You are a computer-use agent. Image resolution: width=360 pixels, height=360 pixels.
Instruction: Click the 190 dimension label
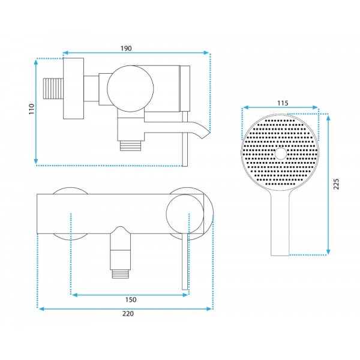[x=126, y=49]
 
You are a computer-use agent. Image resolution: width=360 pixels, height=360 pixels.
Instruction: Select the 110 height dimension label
[x=31, y=109]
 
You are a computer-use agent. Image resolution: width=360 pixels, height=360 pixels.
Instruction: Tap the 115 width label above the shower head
[x=283, y=103]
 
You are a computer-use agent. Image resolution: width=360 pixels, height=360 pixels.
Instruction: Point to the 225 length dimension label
[x=336, y=184]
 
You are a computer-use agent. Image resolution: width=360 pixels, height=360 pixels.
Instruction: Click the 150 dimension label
[x=131, y=299]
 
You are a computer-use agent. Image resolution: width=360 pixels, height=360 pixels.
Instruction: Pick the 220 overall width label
[x=128, y=314]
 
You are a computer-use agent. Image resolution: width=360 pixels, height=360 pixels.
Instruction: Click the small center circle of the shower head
[x=281, y=154]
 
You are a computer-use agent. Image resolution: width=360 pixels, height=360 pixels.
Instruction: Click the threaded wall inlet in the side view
[x=53, y=89]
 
